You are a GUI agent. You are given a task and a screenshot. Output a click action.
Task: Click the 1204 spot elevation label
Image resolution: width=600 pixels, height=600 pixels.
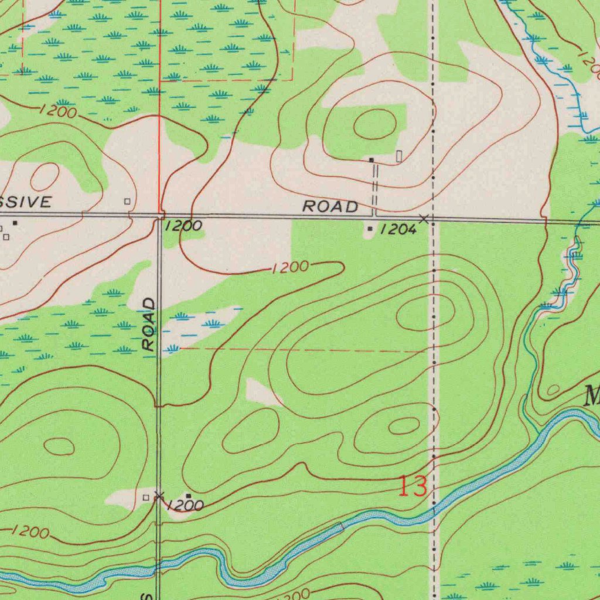pos(398,230)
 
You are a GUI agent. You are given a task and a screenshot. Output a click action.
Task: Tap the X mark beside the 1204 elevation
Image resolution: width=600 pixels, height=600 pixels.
pos(424,219)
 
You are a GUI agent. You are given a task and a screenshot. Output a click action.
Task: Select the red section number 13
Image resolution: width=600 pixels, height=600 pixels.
pos(412,487)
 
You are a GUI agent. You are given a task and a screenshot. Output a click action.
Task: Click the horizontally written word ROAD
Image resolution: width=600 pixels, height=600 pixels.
pos(330,206)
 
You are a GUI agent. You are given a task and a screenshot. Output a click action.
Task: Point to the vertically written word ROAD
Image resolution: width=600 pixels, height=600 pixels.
pos(150,324)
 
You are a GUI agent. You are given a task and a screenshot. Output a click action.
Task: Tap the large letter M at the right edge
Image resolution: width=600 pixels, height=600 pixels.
pos(592,397)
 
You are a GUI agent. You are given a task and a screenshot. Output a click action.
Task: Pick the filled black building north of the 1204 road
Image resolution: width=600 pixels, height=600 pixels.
pos(371,159)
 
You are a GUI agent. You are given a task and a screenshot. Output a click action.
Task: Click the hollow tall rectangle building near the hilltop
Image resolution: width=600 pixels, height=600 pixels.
pos(399,156)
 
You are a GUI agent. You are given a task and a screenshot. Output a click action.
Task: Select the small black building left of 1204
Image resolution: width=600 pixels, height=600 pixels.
pos(369,229)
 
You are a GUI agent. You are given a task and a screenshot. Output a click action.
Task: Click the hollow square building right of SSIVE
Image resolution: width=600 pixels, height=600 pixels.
pos(127,202)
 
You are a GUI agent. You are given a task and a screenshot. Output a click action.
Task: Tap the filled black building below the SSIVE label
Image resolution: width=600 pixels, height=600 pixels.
pos(15,223)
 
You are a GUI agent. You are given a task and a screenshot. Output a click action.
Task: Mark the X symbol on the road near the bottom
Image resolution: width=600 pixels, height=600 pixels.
pos(158,496)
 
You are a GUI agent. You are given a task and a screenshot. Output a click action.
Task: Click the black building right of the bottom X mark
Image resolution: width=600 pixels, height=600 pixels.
pos(187,496)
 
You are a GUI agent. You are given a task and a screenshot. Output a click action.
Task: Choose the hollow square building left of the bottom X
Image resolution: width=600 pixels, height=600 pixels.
pos(146,497)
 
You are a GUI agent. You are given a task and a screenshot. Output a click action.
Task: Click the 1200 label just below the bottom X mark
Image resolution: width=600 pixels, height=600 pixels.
pos(185,506)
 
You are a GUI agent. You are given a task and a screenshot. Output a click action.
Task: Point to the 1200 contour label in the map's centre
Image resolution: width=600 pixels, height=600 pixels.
pos(289,268)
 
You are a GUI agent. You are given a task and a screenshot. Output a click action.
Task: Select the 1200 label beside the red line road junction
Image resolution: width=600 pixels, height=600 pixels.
pos(183,226)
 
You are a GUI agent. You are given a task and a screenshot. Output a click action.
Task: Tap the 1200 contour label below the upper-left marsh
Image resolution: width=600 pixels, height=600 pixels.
pos(59,111)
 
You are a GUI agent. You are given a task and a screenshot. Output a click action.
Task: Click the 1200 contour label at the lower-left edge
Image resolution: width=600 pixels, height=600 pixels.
pos(30,532)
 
